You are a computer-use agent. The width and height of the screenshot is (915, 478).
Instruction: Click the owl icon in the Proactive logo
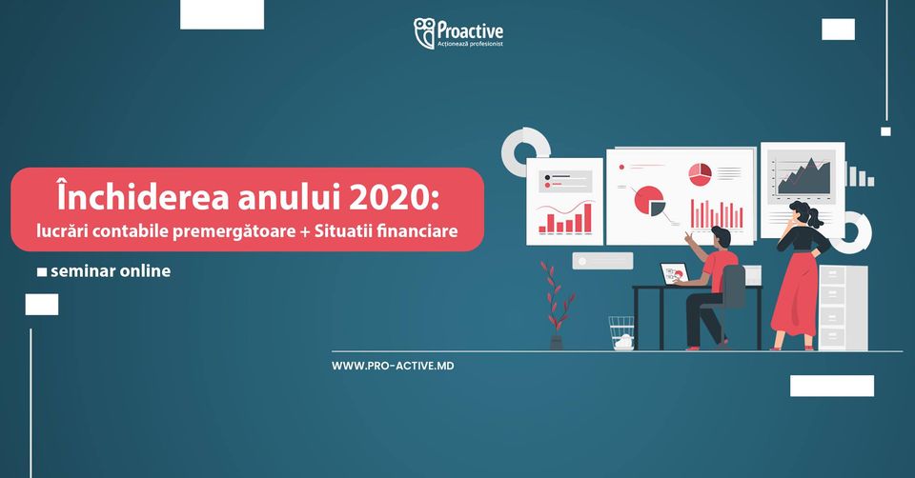(424, 32)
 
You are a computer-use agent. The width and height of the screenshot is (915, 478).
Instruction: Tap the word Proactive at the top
(470, 30)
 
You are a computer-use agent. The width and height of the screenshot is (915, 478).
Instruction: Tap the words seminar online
(111, 271)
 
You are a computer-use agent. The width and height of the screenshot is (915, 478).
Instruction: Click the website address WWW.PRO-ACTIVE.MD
(393, 366)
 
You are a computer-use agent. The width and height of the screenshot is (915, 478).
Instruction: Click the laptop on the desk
(675, 273)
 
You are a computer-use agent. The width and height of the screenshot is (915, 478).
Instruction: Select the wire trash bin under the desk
(621, 333)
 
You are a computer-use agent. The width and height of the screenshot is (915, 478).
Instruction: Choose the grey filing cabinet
(843, 308)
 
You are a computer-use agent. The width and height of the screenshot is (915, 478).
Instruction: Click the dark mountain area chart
(803, 176)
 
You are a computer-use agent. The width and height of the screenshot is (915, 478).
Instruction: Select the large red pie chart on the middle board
(648, 200)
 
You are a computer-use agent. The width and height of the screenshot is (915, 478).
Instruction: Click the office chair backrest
(734, 286)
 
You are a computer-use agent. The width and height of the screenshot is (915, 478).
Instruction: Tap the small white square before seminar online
(42, 272)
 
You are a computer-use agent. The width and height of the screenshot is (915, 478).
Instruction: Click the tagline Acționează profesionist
(470, 45)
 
